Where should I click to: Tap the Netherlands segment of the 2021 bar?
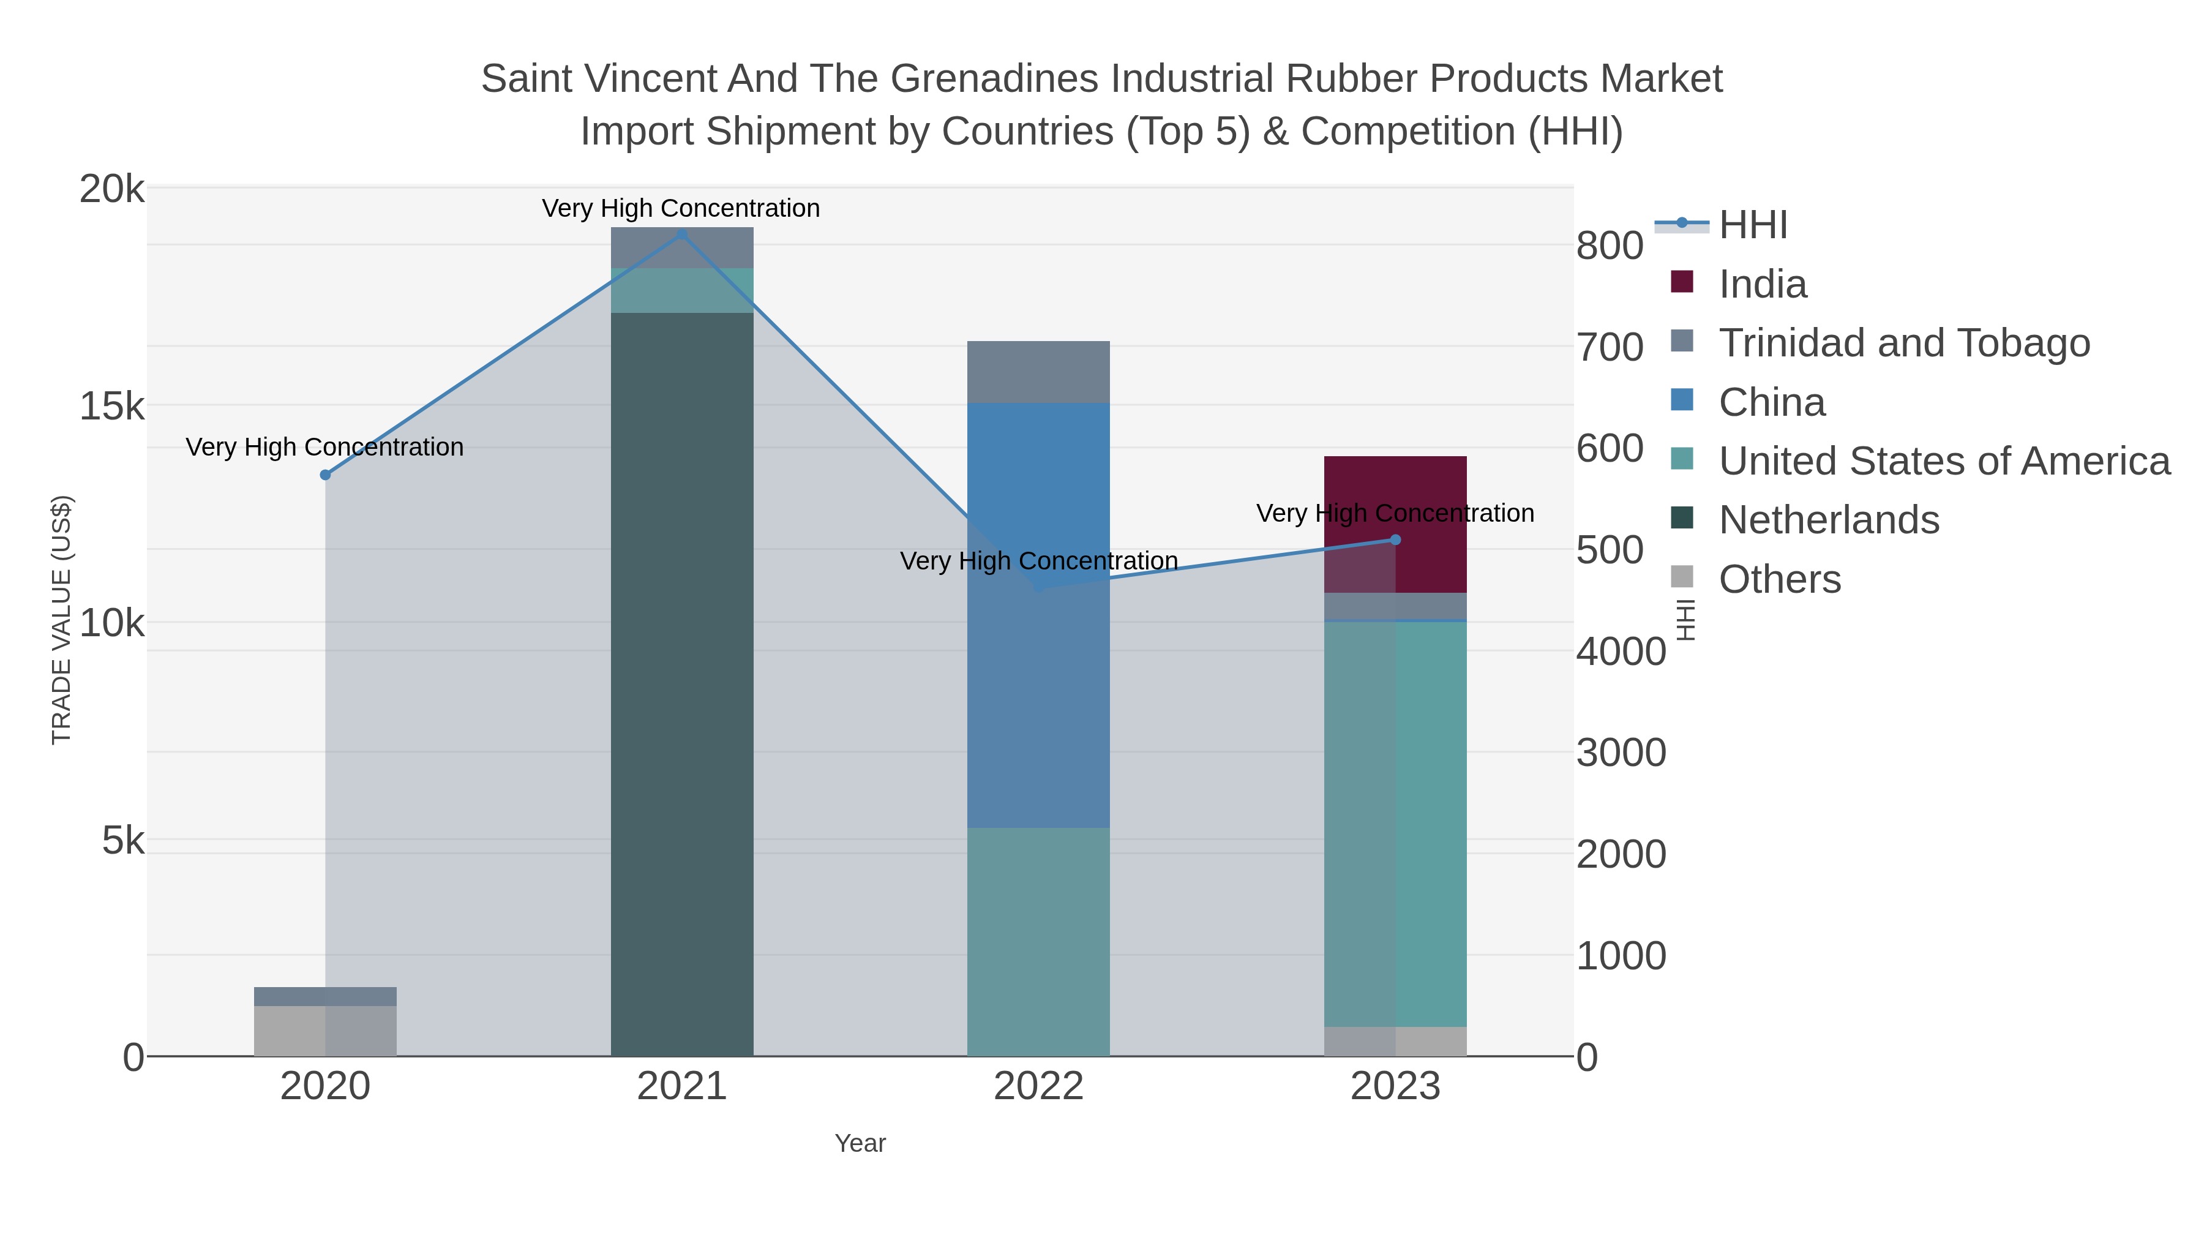tap(682, 684)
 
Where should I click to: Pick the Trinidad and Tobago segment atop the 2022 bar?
tap(1038, 372)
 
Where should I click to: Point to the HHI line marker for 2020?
tap(325, 475)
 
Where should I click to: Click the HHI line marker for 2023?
tap(1395, 540)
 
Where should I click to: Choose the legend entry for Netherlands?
tap(1827, 520)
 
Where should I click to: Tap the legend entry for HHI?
tap(1752, 225)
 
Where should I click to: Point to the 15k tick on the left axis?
tap(112, 407)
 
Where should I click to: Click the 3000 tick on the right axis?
tap(1621, 753)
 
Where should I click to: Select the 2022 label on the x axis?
tap(1038, 1087)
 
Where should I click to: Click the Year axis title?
tap(860, 1143)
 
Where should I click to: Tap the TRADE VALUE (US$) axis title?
tap(62, 620)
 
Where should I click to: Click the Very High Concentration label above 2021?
tap(681, 208)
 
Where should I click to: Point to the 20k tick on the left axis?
tap(112, 189)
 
